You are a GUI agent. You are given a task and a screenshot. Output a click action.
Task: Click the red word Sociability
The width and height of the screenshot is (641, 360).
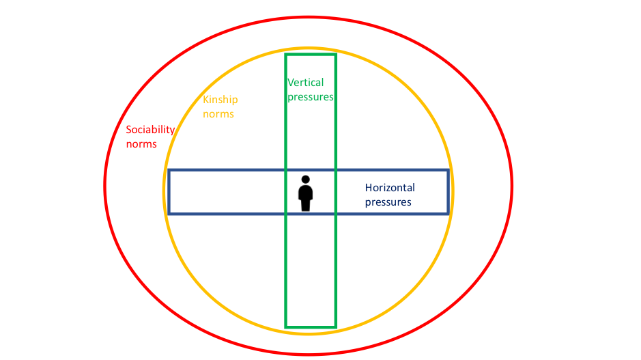point(150,130)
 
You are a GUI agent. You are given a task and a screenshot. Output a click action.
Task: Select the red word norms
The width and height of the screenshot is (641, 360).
point(141,144)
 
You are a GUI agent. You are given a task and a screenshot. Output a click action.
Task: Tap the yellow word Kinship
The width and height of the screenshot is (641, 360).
point(220,100)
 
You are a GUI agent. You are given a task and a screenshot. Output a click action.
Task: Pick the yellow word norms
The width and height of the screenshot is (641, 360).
point(218,113)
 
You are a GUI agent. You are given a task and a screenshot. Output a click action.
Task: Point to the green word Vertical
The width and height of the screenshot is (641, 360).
point(305,83)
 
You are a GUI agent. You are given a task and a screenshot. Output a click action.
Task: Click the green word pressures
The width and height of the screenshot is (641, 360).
point(311,97)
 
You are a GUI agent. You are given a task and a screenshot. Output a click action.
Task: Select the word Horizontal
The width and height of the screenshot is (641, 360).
point(390,188)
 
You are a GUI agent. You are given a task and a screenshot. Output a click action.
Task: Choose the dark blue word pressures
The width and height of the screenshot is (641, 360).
point(388,202)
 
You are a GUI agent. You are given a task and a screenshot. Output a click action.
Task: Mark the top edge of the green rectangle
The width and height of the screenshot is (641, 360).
point(311,54)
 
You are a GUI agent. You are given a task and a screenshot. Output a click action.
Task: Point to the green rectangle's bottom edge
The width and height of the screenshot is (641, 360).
point(311,327)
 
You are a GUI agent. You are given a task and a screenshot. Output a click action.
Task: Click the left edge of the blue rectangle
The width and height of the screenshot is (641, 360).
point(169,192)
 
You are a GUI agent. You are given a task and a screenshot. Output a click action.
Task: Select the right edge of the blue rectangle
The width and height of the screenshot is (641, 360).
point(448,192)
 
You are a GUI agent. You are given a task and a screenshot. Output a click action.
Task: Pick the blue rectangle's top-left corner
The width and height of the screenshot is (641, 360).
point(169,170)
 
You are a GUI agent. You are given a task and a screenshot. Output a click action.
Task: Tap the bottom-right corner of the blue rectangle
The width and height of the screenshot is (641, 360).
point(448,214)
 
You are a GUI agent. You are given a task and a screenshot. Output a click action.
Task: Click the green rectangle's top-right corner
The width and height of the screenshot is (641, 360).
point(336,54)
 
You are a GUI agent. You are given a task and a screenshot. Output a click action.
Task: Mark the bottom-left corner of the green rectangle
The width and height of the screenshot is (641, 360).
point(285,327)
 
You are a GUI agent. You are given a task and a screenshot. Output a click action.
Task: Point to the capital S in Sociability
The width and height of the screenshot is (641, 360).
point(129,130)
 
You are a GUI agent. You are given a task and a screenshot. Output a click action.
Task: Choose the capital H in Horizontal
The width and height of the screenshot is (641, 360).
point(369,188)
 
